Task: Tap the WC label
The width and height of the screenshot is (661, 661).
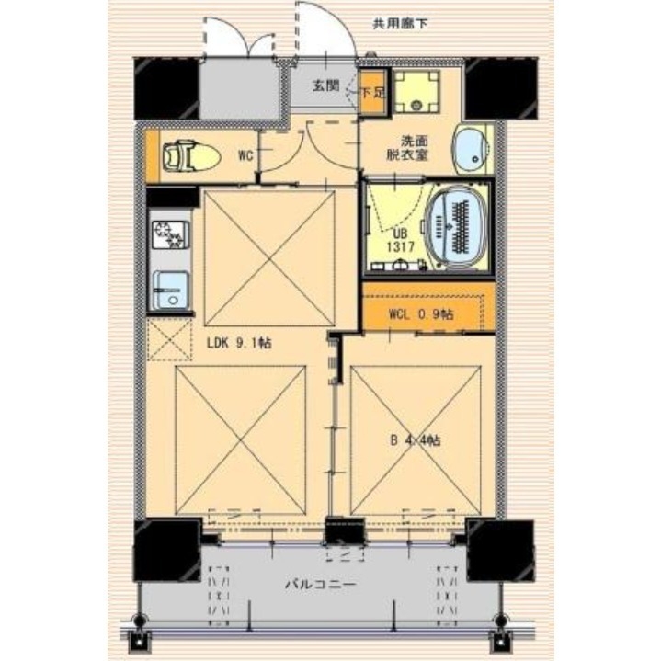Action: click(x=245, y=155)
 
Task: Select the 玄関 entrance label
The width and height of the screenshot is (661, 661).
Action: click(x=325, y=85)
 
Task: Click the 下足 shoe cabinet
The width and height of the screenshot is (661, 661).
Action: click(x=372, y=93)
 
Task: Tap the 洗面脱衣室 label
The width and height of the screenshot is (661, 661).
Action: click(x=406, y=149)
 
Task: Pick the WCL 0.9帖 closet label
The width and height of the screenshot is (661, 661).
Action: click(x=420, y=313)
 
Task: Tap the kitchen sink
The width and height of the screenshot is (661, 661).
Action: click(x=170, y=291)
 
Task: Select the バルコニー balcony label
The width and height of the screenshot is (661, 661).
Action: click(x=319, y=584)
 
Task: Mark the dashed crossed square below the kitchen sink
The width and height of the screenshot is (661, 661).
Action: click(x=168, y=339)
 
